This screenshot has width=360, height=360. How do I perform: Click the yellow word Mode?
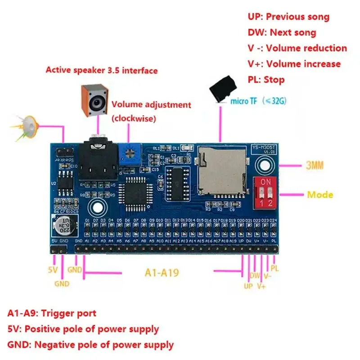tap(320, 195)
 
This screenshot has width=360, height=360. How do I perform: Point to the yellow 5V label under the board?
tap(53, 271)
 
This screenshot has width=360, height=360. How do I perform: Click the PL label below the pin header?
tap(274, 269)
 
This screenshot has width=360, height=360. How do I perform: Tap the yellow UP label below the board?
tap(248, 285)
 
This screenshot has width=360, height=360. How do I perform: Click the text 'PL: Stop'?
tap(266, 80)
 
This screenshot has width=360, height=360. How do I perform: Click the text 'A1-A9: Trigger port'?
tap(52, 313)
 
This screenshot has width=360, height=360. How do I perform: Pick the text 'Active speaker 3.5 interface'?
tap(102, 70)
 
